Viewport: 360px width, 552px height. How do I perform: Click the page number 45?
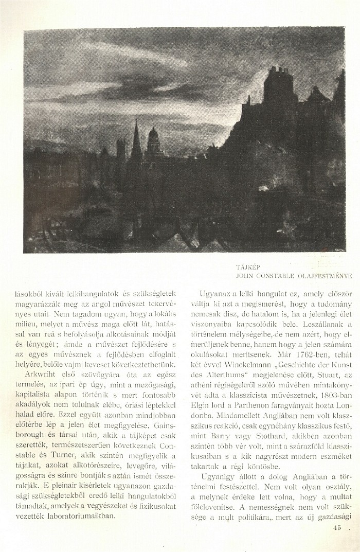(x=337, y=527)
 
